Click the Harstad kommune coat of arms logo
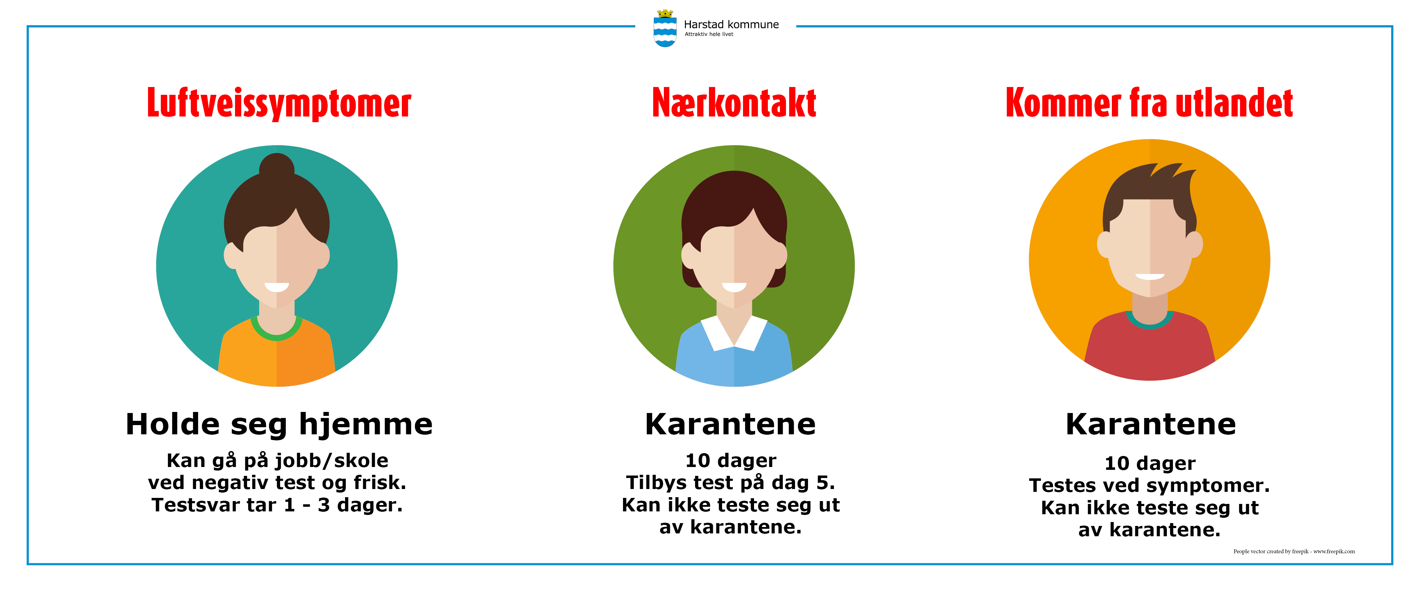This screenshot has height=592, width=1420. click(x=665, y=29)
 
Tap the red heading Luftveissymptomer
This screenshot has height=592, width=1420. click(x=279, y=104)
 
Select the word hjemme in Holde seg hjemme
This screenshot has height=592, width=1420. click(x=366, y=424)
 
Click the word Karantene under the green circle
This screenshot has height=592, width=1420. click(x=730, y=424)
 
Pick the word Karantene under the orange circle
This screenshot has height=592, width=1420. click(x=1151, y=424)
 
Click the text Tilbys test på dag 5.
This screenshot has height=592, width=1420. click(x=730, y=483)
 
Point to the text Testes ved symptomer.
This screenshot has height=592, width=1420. click(x=1149, y=485)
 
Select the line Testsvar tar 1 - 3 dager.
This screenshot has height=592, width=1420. click(x=277, y=505)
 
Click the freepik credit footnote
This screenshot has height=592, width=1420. click(x=1294, y=551)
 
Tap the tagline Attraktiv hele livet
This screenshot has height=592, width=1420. click(x=709, y=34)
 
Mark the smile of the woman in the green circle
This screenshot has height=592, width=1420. click(x=734, y=287)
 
